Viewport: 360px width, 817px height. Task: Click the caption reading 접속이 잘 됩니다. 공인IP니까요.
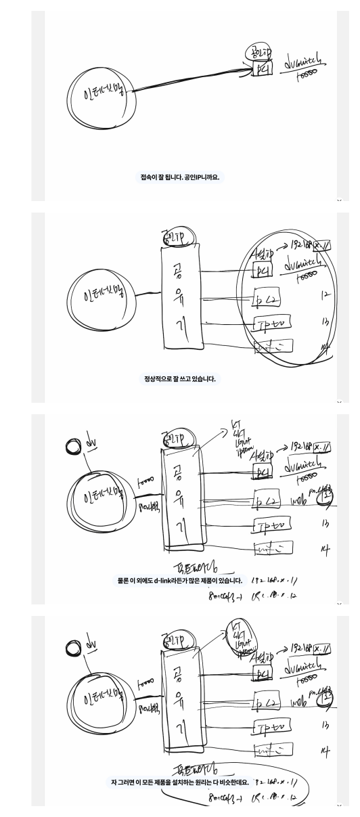coord(180,177)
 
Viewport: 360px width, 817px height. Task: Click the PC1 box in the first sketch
coord(261,70)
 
